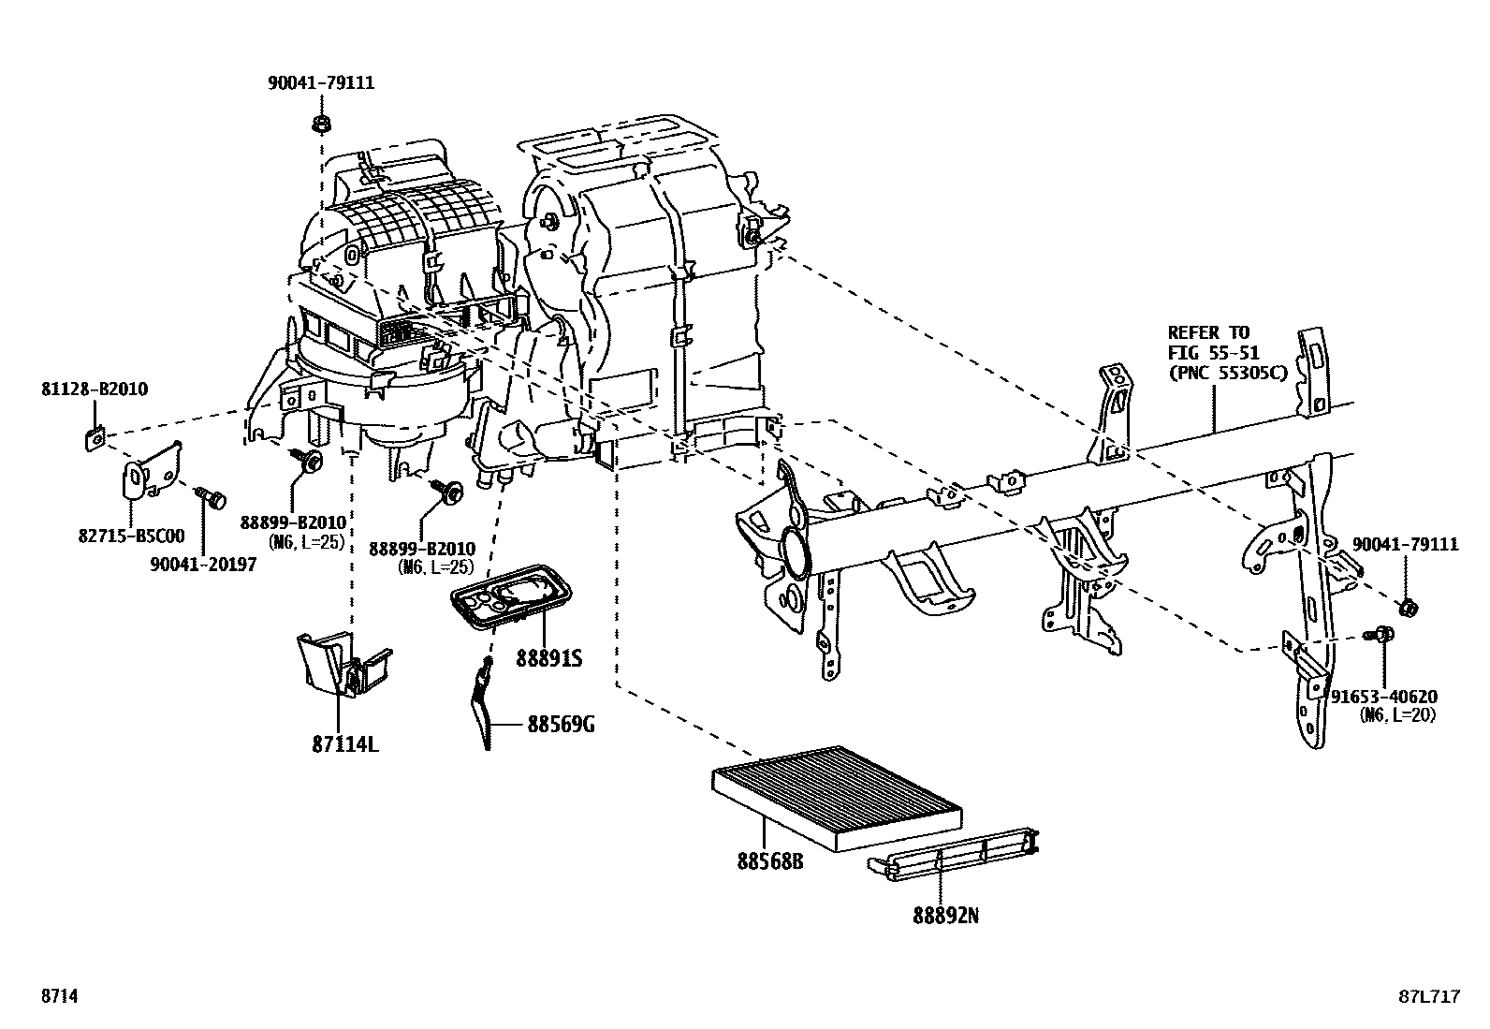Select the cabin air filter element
pos(836,797)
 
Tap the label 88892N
pos(946,917)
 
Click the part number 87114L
pos(345,745)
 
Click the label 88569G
pos(561,724)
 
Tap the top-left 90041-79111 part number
pos(321,82)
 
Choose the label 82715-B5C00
pos(131,536)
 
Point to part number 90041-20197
pos(203,566)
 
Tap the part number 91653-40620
pos(1384,697)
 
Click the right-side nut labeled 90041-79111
pos(1407,608)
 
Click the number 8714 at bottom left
pos(58,997)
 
